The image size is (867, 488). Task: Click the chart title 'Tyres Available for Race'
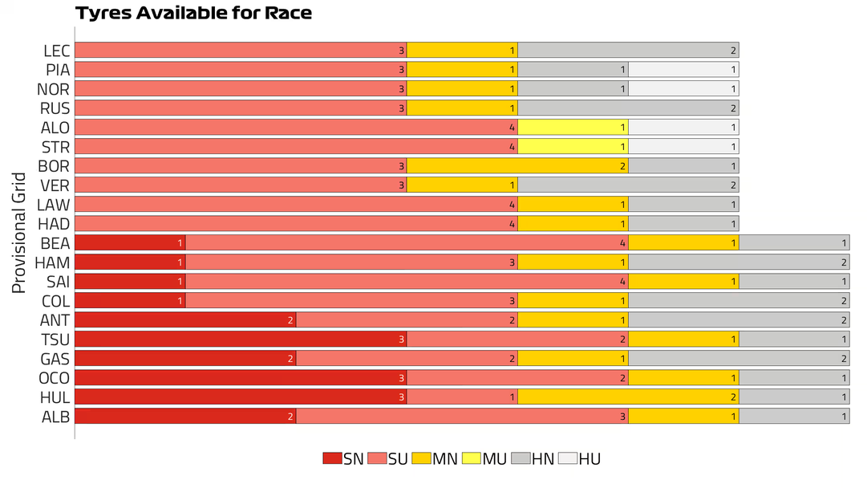(193, 14)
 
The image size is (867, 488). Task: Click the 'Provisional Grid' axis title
(19, 233)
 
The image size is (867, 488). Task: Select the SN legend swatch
(332, 458)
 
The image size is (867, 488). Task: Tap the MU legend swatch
(472, 458)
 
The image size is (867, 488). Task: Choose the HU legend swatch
(567, 458)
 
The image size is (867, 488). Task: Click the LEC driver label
(56, 51)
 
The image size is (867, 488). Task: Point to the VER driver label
(55, 185)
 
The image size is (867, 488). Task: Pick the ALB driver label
(55, 417)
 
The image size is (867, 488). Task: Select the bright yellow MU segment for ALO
(573, 128)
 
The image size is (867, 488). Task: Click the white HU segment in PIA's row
(683, 70)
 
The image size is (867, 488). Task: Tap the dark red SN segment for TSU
(241, 340)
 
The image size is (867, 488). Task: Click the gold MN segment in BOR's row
(517, 166)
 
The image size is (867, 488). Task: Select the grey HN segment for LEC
(628, 51)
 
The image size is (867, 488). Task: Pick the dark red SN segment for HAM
(130, 262)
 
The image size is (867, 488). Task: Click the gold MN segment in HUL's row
(628, 397)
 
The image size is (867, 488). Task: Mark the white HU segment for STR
(683, 147)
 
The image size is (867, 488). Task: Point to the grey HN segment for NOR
(573, 89)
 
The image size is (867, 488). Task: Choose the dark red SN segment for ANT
(185, 320)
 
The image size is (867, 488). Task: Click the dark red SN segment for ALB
(185, 417)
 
